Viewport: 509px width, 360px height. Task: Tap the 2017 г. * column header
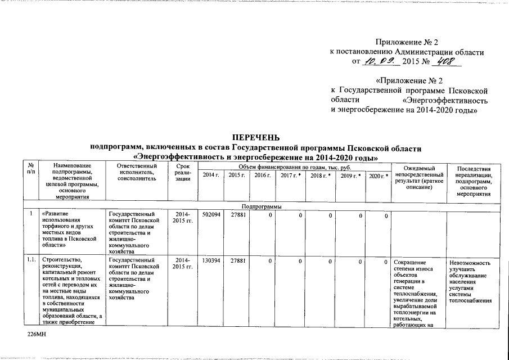click(291, 176)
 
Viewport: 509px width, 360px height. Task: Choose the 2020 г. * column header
click(378, 176)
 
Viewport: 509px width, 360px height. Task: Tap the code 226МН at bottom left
click(37, 334)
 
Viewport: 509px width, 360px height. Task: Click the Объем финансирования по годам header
click(294, 167)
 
